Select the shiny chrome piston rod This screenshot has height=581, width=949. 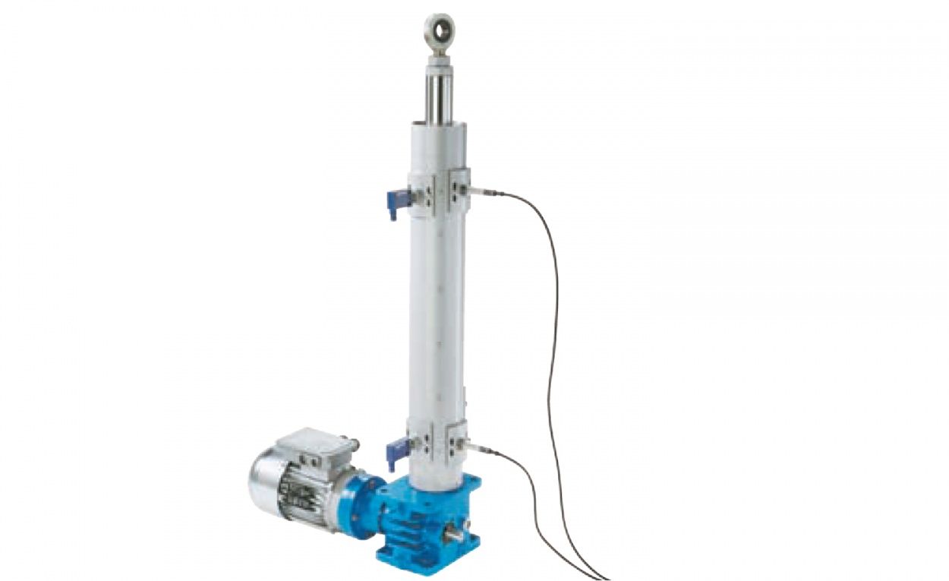point(439,95)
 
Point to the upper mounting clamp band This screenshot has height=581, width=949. point(439,191)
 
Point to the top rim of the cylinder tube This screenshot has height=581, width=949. point(440,125)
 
